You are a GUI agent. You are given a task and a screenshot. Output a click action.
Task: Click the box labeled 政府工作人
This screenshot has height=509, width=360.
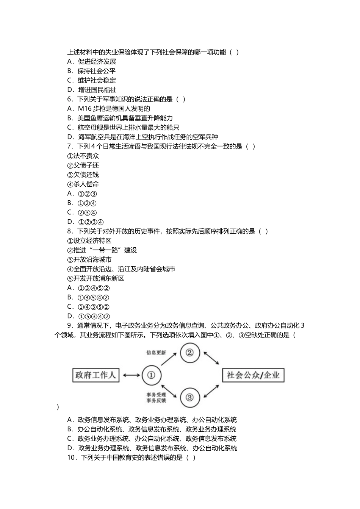[95, 375]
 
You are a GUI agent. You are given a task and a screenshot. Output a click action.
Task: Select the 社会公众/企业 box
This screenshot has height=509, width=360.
[253, 375]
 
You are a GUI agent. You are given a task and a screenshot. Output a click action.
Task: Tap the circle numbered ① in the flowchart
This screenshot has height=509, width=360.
[151, 375]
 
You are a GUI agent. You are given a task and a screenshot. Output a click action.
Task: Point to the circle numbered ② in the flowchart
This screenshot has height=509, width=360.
[189, 353]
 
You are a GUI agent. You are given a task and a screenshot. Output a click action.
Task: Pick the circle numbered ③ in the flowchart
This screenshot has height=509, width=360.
[189, 397]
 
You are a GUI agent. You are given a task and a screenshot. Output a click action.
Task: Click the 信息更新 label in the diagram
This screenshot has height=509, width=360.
[156, 353]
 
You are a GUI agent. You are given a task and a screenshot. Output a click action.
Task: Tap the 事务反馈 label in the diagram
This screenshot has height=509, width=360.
[156, 401]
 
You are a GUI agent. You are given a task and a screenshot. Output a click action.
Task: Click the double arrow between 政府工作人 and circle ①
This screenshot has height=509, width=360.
[131, 375]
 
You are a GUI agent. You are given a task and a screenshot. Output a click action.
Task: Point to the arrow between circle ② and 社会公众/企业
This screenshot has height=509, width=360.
[211, 358]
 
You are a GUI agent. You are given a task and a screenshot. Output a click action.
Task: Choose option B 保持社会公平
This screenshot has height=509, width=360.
[91, 71]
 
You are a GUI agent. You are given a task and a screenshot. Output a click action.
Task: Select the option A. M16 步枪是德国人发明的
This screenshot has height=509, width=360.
[108, 109]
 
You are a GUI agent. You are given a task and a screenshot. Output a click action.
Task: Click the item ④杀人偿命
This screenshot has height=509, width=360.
[83, 184]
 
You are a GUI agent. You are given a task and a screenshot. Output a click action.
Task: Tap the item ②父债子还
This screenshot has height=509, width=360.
[83, 166]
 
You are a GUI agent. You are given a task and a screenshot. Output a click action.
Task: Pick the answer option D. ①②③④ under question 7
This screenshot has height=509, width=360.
[86, 222]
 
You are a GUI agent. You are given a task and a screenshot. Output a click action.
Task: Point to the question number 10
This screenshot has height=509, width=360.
[72, 457]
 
